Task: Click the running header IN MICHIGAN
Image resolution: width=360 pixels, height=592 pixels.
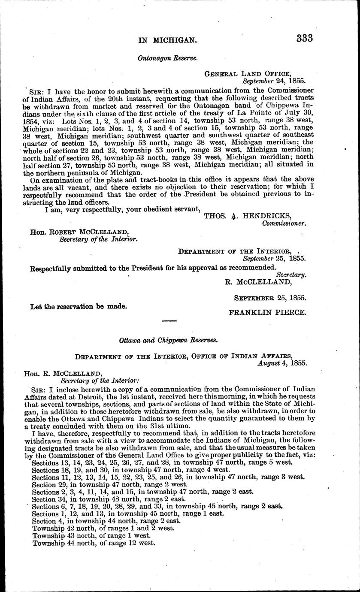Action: pyautogui.click(x=167, y=40)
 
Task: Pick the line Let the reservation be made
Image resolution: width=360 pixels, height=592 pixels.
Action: pyautogui.click(x=79, y=307)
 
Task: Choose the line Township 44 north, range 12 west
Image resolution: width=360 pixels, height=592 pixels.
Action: pyautogui.click(x=93, y=543)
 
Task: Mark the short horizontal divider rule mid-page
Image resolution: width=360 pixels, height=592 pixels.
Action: pyautogui.click(x=169, y=320)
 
